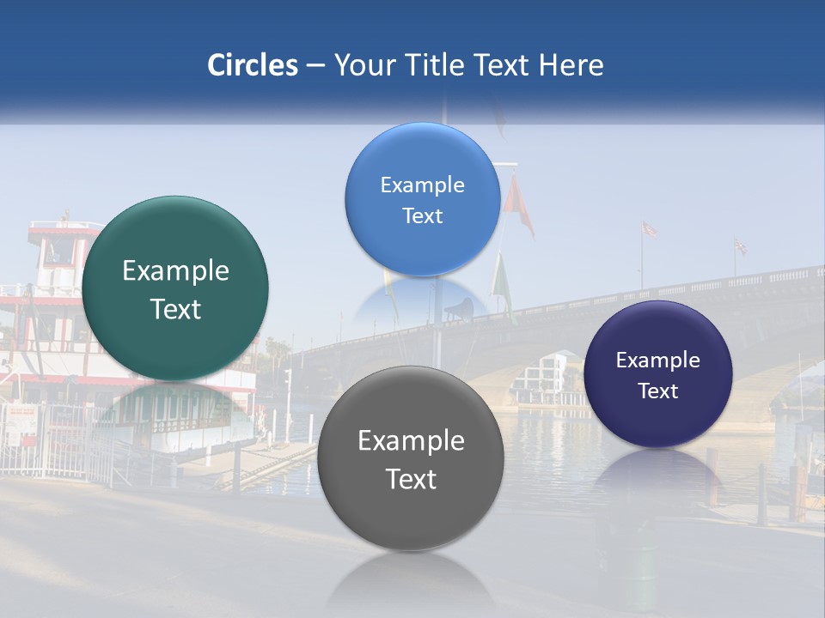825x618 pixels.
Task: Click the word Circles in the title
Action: pyautogui.click(x=252, y=65)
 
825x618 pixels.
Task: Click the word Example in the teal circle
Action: pyautogui.click(x=175, y=271)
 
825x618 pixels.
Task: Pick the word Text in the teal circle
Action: pyautogui.click(x=175, y=309)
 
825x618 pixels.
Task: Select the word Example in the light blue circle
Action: pyautogui.click(x=422, y=185)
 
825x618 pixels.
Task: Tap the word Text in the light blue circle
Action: pyautogui.click(x=422, y=216)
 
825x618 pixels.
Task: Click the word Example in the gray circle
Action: pyautogui.click(x=411, y=441)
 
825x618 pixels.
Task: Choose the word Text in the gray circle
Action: pyautogui.click(x=411, y=479)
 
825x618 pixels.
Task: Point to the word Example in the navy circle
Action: pyautogui.click(x=657, y=360)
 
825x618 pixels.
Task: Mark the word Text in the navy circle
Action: pyautogui.click(x=657, y=391)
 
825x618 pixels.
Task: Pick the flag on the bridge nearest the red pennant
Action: pyautogui.click(x=649, y=229)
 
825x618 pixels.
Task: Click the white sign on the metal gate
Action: pyautogui.click(x=23, y=421)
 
